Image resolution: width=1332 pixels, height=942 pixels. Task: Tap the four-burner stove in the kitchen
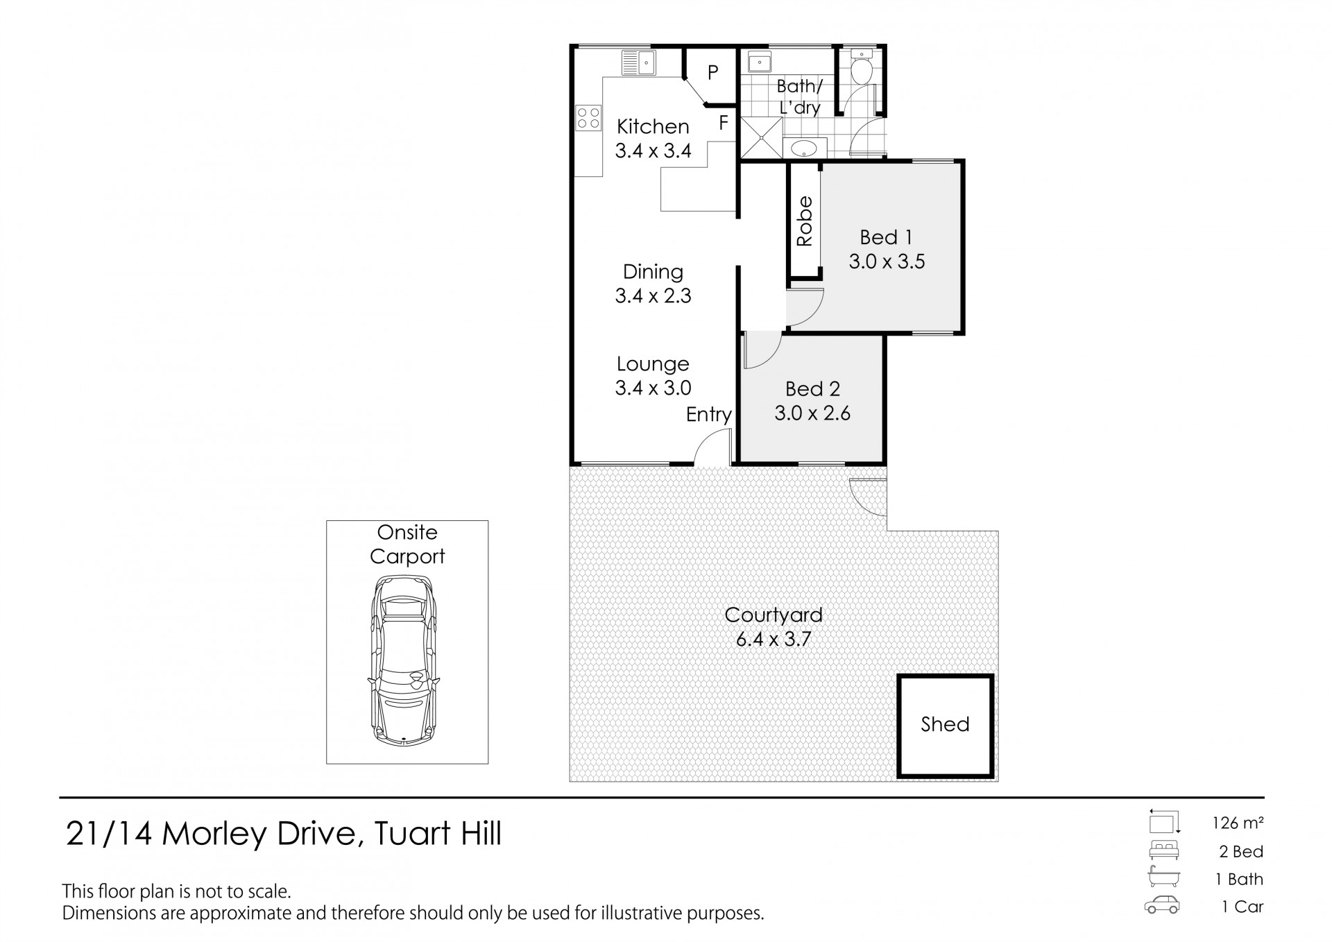(x=588, y=117)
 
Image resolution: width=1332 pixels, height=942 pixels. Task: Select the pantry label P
(x=712, y=72)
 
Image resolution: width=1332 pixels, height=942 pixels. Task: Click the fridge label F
(x=724, y=123)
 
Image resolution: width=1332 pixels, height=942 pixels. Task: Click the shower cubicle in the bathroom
(x=761, y=138)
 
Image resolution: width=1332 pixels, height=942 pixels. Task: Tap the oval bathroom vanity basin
(x=805, y=148)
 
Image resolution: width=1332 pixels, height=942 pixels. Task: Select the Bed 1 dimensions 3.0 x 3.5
(x=887, y=262)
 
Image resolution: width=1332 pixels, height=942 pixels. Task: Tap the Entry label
(x=708, y=415)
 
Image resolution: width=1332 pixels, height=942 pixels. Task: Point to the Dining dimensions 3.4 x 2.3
(x=653, y=296)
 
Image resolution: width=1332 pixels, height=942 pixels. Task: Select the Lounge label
(x=653, y=363)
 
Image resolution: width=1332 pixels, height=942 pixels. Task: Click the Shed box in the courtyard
(x=945, y=725)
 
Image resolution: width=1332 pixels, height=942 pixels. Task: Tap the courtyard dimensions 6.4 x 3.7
(x=773, y=639)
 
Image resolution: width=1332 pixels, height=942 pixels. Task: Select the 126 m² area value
(x=1237, y=823)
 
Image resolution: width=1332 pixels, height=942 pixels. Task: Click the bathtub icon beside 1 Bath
(x=1163, y=877)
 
